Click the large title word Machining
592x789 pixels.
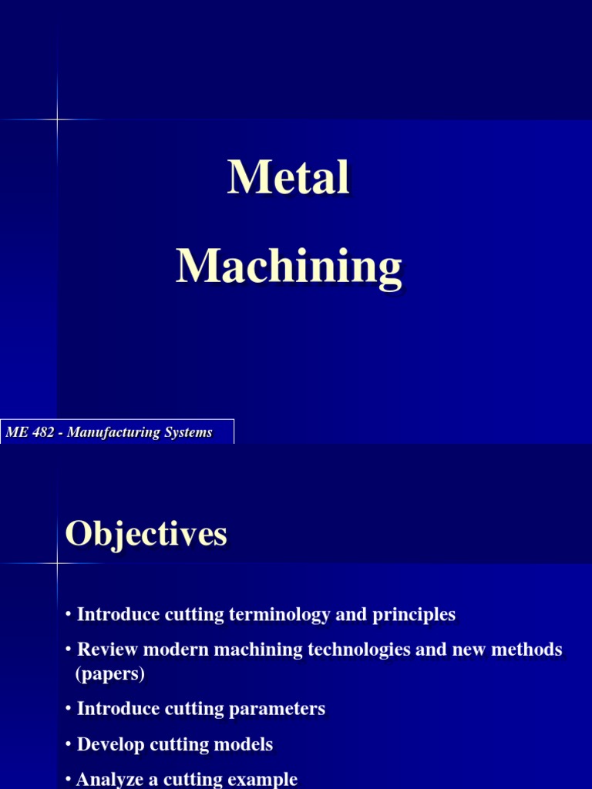289,267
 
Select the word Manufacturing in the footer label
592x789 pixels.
114,433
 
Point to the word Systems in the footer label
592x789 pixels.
187,433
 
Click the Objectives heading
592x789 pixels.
146,533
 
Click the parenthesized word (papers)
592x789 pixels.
110,674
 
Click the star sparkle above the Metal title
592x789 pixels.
57,119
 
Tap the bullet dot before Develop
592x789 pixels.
69,744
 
